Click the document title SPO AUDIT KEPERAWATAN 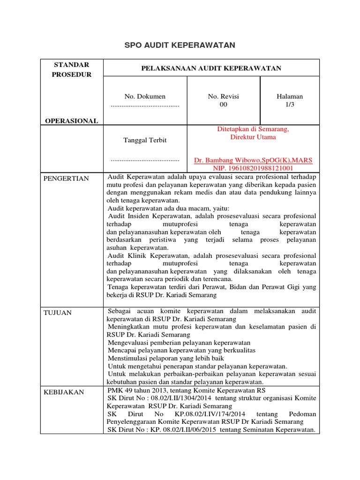pos(180,45)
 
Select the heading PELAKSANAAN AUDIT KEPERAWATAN pos(211,68)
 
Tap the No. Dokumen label pos(145,96)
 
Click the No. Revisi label pos(223,96)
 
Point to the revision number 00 pos(223,105)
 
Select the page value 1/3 pos(290,105)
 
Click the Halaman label pos(290,96)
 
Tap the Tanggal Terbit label pos(145,140)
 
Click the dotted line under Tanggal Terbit pos(145,160)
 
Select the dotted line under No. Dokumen pos(145,105)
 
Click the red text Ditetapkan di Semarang pos(253,129)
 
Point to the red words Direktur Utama pos(253,137)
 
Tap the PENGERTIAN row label pos(66,179)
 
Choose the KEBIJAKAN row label pos(64,391)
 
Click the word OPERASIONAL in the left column pos(71,121)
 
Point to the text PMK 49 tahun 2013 pos(138,390)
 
